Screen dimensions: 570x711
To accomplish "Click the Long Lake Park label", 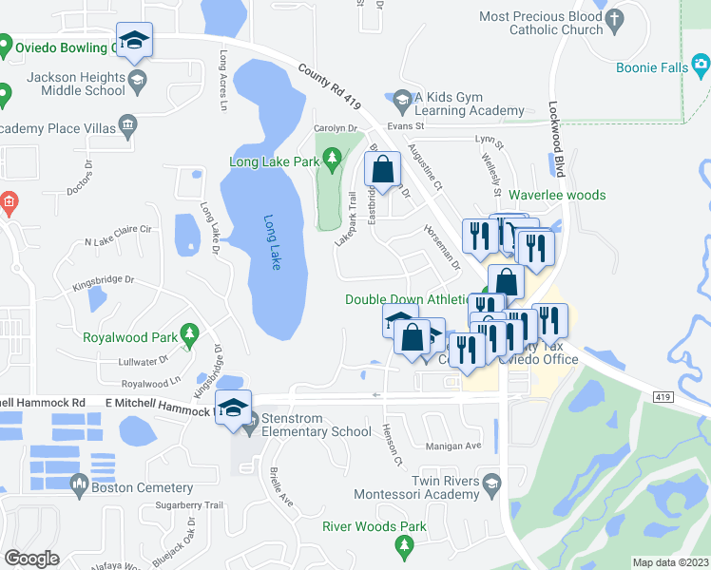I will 274,161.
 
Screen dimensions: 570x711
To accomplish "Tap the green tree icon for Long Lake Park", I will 331,157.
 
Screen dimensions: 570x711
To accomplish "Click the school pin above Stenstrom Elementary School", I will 233,408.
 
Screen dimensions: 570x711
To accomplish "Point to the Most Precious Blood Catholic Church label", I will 541,23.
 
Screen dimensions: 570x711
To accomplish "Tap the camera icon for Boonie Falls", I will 701,65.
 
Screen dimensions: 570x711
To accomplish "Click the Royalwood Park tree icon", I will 189,334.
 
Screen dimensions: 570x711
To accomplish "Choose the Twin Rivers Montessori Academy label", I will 416,488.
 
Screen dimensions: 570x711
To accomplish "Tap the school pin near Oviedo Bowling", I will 134,40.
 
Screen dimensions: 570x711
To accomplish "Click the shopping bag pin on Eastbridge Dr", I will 382,170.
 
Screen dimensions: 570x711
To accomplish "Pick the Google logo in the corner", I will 32,559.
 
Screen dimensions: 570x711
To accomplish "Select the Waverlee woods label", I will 557,195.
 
